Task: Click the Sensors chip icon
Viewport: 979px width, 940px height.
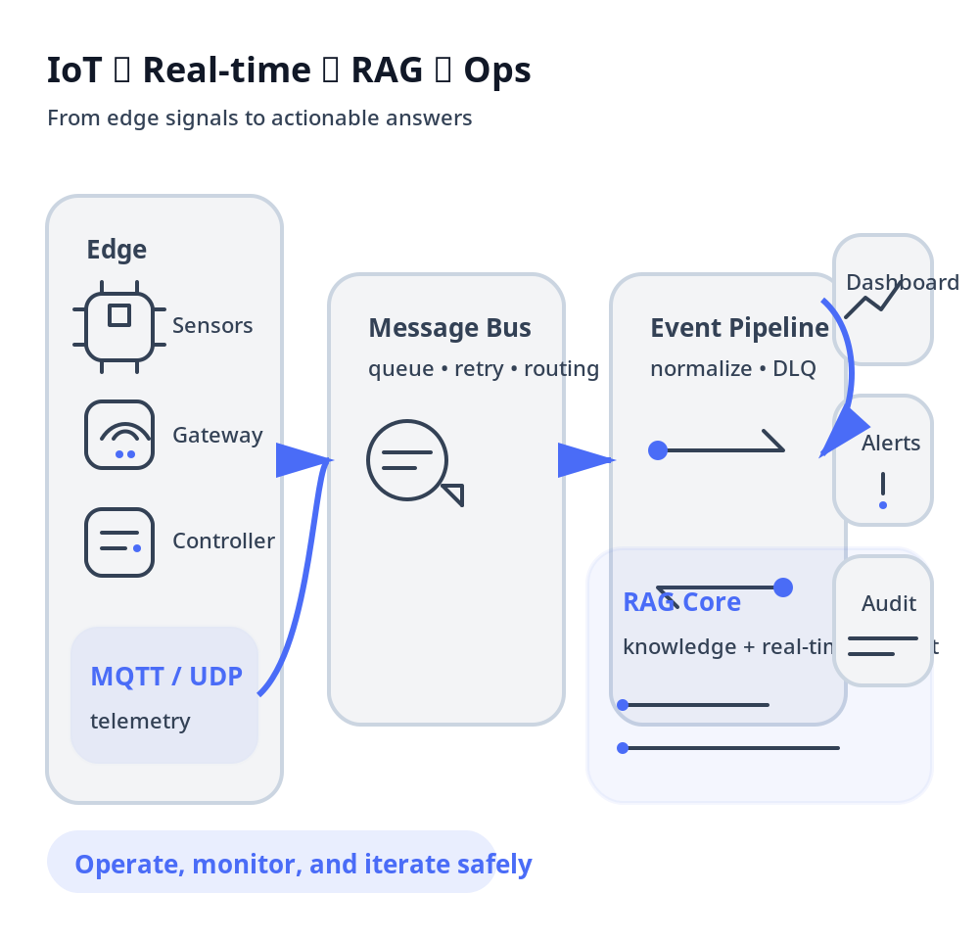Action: tap(119, 325)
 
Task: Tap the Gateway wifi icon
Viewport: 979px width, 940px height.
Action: tap(119, 435)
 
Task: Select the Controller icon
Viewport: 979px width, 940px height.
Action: tap(119, 541)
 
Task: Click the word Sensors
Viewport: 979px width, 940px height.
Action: tap(212, 325)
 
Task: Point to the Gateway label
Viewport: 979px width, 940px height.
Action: tap(217, 435)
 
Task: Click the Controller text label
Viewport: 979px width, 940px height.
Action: tap(223, 540)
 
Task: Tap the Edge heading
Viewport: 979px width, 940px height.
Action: tap(117, 249)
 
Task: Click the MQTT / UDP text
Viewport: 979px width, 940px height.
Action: tap(166, 676)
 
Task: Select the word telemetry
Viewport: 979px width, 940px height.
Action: tap(140, 722)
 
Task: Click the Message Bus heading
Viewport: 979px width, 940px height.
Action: tap(449, 328)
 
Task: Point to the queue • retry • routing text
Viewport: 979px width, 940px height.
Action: tap(484, 369)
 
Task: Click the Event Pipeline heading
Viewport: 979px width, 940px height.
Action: tap(739, 328)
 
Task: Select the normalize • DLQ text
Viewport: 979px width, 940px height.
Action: tap(732, 369)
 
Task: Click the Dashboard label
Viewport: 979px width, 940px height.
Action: tap(902, 282)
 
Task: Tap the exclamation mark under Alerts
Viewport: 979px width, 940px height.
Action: tap(883, 489)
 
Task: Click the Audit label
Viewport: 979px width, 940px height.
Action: tap(889, 603)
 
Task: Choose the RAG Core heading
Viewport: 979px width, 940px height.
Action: tap(681, 601)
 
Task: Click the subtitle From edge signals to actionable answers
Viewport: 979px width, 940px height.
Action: tap(259, 118)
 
